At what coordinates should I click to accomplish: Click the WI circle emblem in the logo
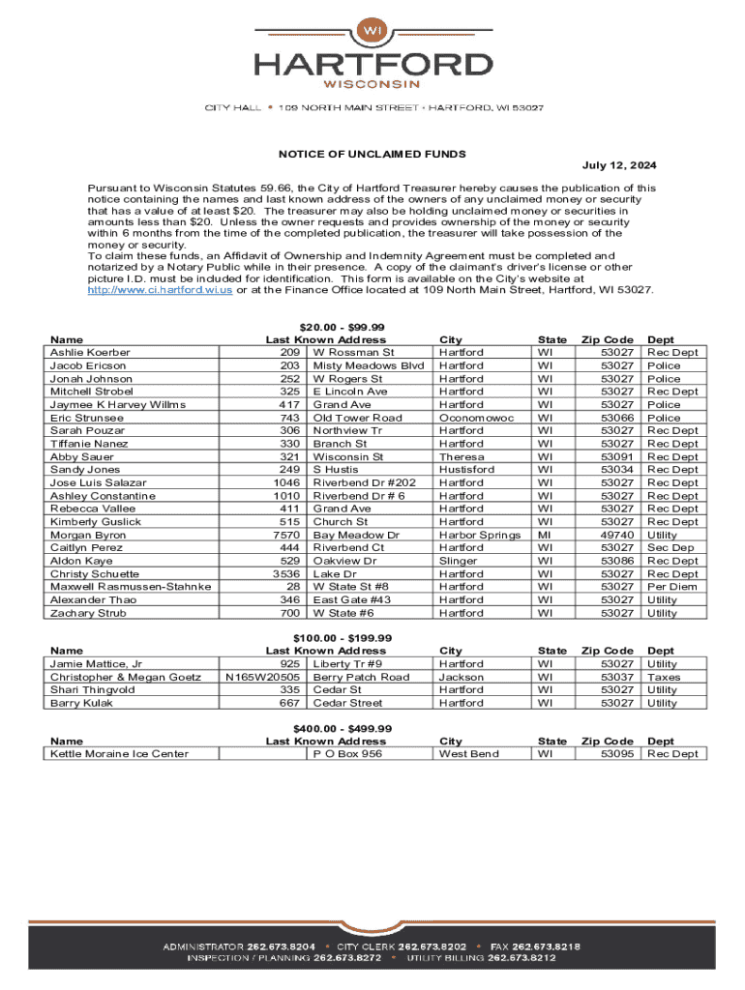(x=372, y=30)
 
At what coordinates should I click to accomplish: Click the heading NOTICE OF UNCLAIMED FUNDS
(x=372, y=154)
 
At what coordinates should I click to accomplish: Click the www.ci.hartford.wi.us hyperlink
(x=160, y=290)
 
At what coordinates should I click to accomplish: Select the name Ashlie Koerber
(x=90, y=353)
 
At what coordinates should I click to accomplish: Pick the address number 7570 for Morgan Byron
(x=283, y=535)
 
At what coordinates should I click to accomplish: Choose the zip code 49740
(x=616, y=535)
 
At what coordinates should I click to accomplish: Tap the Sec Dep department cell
(x=670, y=547)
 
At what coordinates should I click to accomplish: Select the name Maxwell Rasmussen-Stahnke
(x=131, y=587)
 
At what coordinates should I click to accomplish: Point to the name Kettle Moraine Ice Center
(x=119, y=754)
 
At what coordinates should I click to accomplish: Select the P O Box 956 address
(x=347, y=754)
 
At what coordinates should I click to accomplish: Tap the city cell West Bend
(x=468, y=754)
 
